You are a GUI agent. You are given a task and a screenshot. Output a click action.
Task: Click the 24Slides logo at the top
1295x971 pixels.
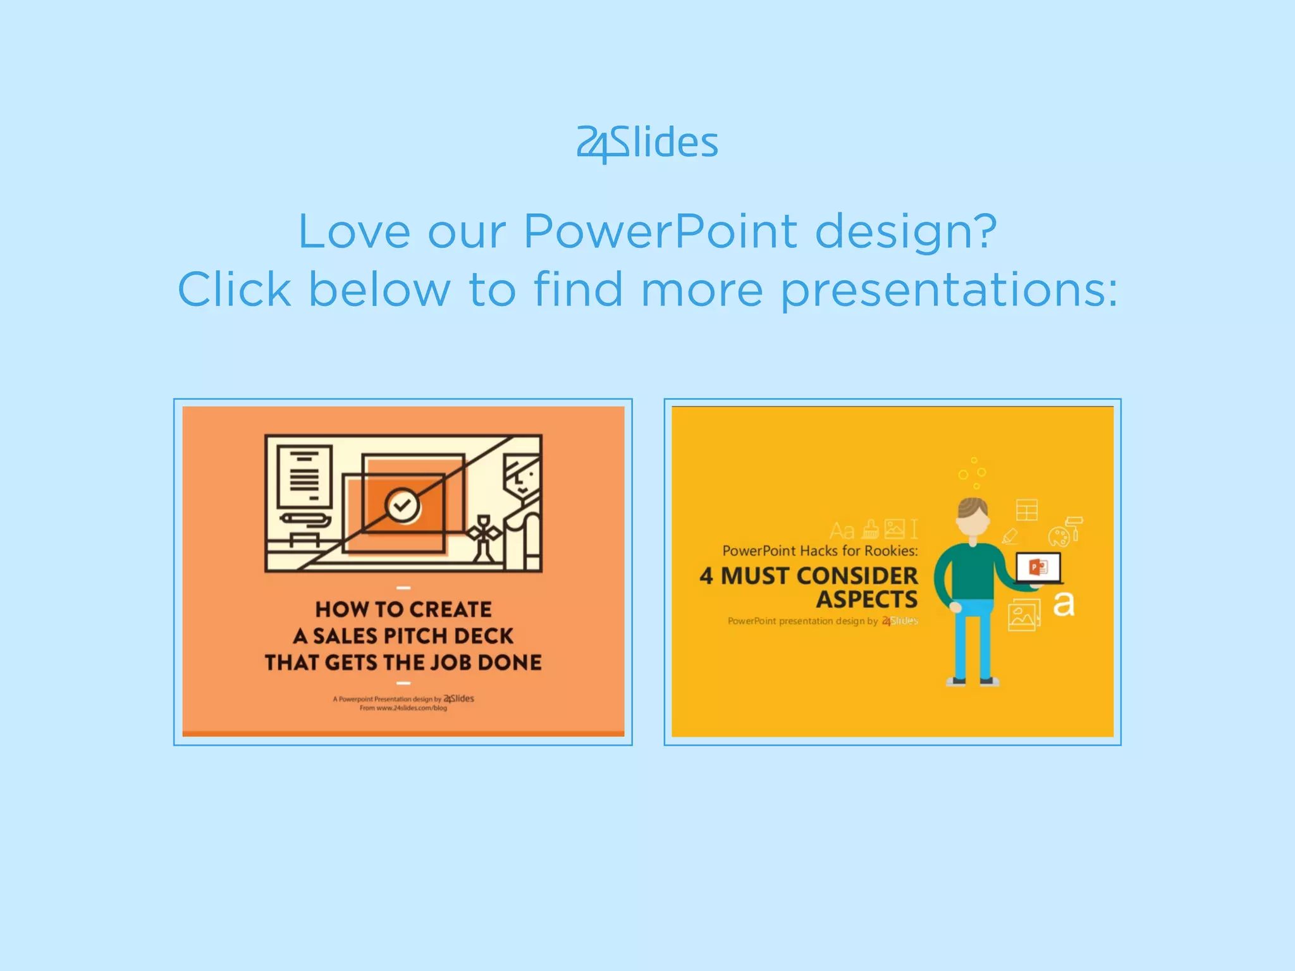647,143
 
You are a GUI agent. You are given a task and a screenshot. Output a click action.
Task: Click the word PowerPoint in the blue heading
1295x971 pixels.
660,231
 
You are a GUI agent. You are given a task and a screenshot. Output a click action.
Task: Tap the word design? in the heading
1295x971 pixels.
905,233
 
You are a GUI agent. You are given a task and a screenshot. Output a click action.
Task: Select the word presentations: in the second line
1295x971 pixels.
948,290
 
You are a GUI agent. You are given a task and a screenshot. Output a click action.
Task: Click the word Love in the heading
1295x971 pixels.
354,231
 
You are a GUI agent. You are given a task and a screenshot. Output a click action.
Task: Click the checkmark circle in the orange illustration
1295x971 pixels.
402,504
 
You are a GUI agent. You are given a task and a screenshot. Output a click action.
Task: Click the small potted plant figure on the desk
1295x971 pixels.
484,537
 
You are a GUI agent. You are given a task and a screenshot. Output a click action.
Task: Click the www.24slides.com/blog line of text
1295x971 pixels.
403,708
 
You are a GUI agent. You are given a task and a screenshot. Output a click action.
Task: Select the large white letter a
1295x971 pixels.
1063,604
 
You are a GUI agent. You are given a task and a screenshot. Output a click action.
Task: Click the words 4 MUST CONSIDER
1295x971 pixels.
808,576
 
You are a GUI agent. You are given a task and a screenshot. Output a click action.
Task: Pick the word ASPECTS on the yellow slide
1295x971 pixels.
866,599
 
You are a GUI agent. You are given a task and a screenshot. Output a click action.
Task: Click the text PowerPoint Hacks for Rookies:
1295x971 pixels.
819,551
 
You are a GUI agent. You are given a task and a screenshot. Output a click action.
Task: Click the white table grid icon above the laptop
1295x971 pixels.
1026,510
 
